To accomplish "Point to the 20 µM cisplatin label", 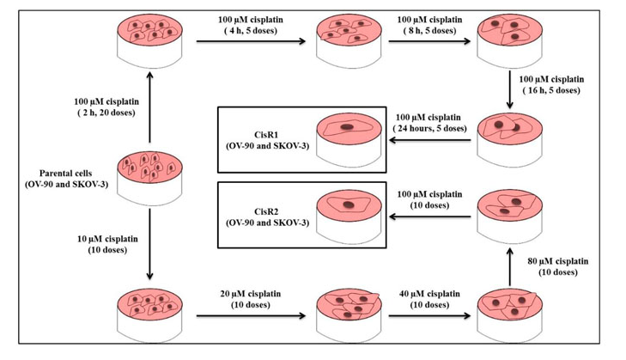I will click(250, 297).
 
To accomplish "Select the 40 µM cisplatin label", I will click(423, 297).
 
